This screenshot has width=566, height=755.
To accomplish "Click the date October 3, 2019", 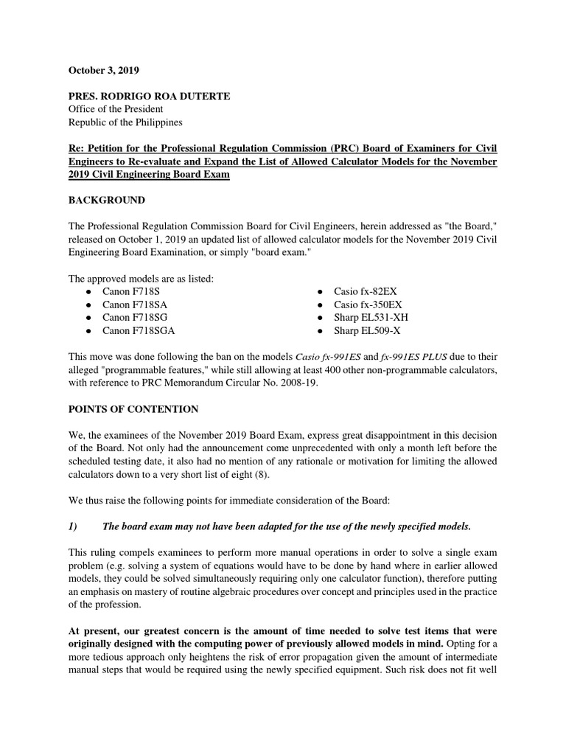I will [103, 71].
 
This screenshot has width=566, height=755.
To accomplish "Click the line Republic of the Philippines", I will [125, 122].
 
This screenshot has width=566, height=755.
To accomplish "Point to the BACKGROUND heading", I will [107, 200].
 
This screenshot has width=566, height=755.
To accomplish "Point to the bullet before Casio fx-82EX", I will [318, 292].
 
